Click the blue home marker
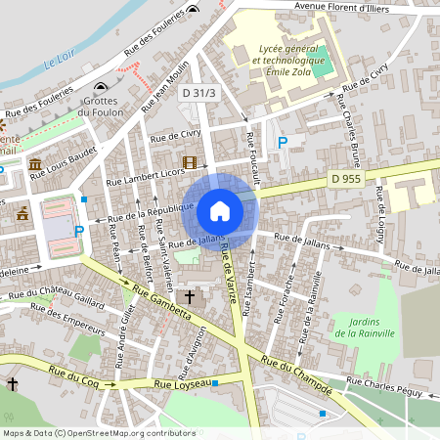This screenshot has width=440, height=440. click(x=219, y=211)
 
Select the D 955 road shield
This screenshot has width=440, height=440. click(x=345, y=179)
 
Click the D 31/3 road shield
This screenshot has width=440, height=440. click(x=198, y=92)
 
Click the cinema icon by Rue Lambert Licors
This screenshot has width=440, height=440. click(x=189, y=162)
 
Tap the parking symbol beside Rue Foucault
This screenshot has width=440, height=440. click(x=283, y=143)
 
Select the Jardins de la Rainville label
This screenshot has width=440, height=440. click(x=364, y=327)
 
